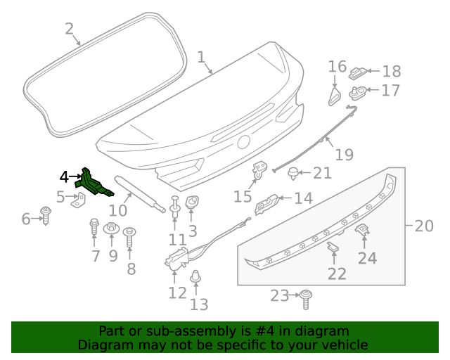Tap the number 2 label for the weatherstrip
(69, 29)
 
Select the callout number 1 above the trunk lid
(201, 56)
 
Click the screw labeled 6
(46, 214)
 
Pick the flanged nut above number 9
(112, 229)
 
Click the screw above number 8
(129, 236)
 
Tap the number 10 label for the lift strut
(118, 210)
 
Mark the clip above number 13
(198, 278)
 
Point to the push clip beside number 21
(293, 173)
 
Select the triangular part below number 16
(335, 95)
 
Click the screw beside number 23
(306, 298)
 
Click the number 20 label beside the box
(424, 226)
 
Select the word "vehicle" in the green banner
(342, 345)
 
